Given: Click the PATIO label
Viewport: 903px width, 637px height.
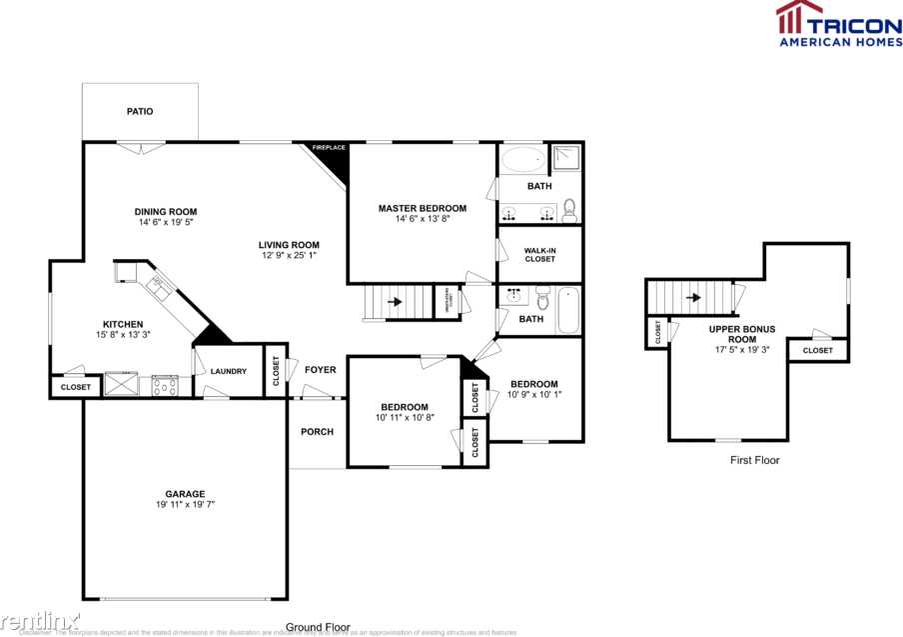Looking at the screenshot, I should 140,111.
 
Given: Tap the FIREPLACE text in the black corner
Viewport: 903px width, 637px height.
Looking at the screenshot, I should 329,148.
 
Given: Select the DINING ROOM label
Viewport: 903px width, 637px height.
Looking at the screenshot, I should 166,211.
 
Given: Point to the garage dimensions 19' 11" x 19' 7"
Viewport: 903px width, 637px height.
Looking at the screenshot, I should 185,505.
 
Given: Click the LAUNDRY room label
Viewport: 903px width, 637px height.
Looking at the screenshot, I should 228,372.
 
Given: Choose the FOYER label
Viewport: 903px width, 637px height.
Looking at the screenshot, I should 320,370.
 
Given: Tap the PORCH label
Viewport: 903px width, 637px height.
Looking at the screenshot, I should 317,432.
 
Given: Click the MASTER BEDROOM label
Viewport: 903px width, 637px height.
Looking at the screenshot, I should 422,208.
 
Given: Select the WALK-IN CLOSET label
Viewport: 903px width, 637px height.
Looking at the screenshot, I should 539,254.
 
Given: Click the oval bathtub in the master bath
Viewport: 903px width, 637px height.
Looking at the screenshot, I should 521,159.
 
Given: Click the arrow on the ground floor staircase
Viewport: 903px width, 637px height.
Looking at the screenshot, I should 395,301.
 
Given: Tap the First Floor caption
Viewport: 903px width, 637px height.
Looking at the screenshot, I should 754,460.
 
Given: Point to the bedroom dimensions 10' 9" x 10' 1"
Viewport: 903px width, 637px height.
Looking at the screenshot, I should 534,394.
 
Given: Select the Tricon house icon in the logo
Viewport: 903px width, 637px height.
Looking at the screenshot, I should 791,17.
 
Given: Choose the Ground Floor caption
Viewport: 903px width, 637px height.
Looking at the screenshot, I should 318,627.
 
